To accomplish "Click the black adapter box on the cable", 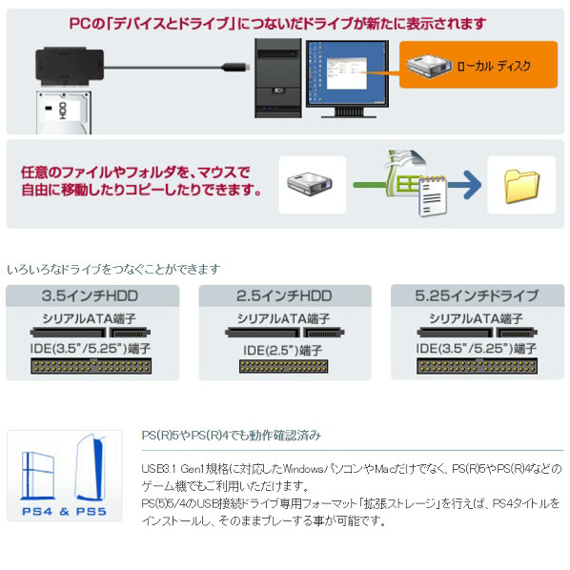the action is coord(70,66).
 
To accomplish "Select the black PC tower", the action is coord(278,78).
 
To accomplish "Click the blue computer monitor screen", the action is coord(347,73).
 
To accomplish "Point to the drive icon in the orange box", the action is coord(428,66).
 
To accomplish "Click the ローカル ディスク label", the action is coord(494,66).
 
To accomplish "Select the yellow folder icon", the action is coord(522,187).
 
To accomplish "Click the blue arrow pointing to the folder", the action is coord(464,185).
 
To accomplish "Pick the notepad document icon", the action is coord(433,196).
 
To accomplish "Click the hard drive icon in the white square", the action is coord(310,184).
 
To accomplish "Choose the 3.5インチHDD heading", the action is coord(90,295).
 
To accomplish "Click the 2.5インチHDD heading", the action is coord(284,295).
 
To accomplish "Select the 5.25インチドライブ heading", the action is coord(477,295).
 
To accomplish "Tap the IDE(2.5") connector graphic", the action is coord(283,366).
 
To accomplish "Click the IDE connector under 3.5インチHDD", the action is coord(91,366).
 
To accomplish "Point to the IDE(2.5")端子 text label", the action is coord(283,350).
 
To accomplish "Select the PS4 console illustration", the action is coord(38,475).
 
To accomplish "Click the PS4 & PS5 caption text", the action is coord(65,512).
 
